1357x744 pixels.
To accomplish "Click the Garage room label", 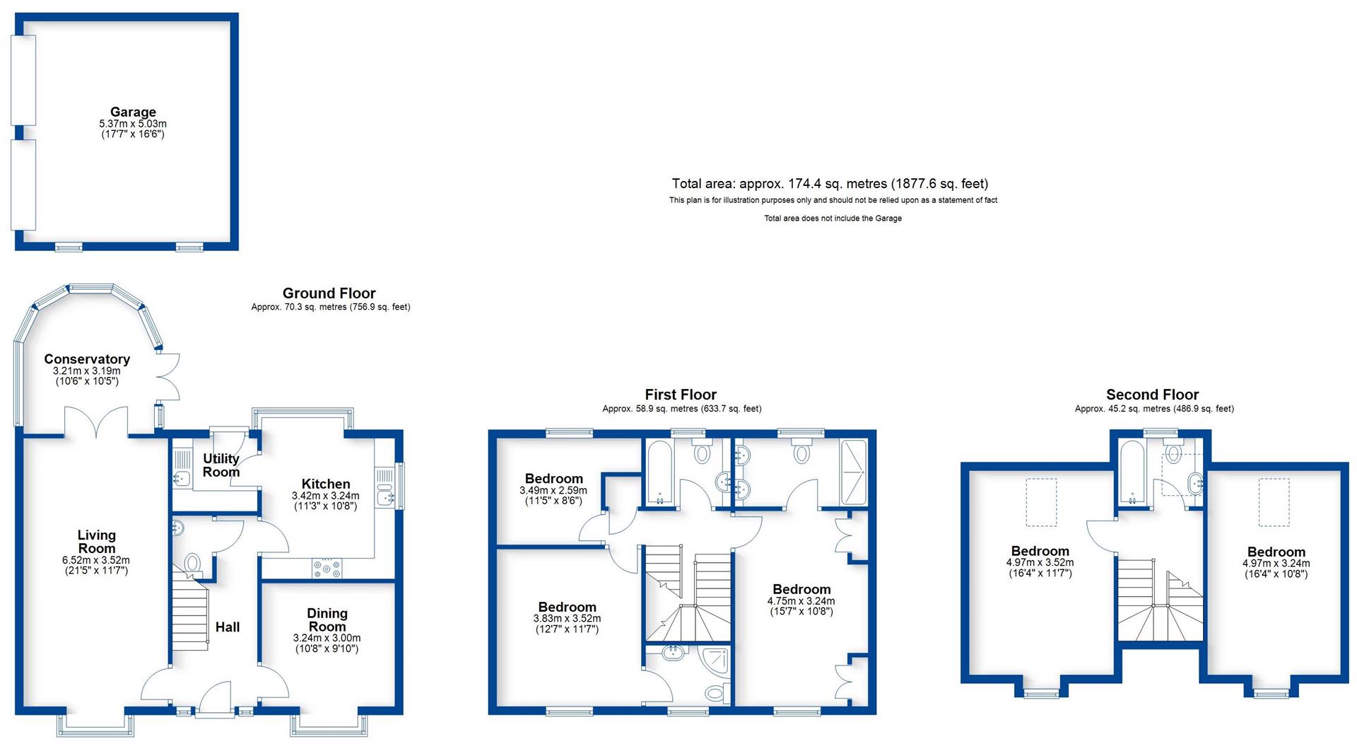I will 133,112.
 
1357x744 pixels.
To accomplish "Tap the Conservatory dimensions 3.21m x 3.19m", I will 86,371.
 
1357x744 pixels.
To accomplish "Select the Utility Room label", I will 221,465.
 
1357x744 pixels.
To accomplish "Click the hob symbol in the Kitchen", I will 326,567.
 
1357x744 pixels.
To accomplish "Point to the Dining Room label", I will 327,620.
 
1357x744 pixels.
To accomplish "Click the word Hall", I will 228,627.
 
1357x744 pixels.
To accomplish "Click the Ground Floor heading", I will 329,293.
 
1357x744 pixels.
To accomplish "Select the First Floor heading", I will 681,395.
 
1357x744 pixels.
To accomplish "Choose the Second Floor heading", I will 1152,395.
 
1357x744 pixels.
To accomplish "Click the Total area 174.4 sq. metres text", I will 830,184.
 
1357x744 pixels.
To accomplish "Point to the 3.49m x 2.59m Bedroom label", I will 553,479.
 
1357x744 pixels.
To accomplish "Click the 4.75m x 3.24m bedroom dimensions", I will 801,601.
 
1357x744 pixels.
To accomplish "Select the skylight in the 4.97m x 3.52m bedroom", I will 1041,501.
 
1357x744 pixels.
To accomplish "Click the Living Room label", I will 96,542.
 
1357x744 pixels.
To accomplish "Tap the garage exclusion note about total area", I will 833,219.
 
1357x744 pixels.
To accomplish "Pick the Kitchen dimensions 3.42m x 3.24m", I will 325,496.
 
